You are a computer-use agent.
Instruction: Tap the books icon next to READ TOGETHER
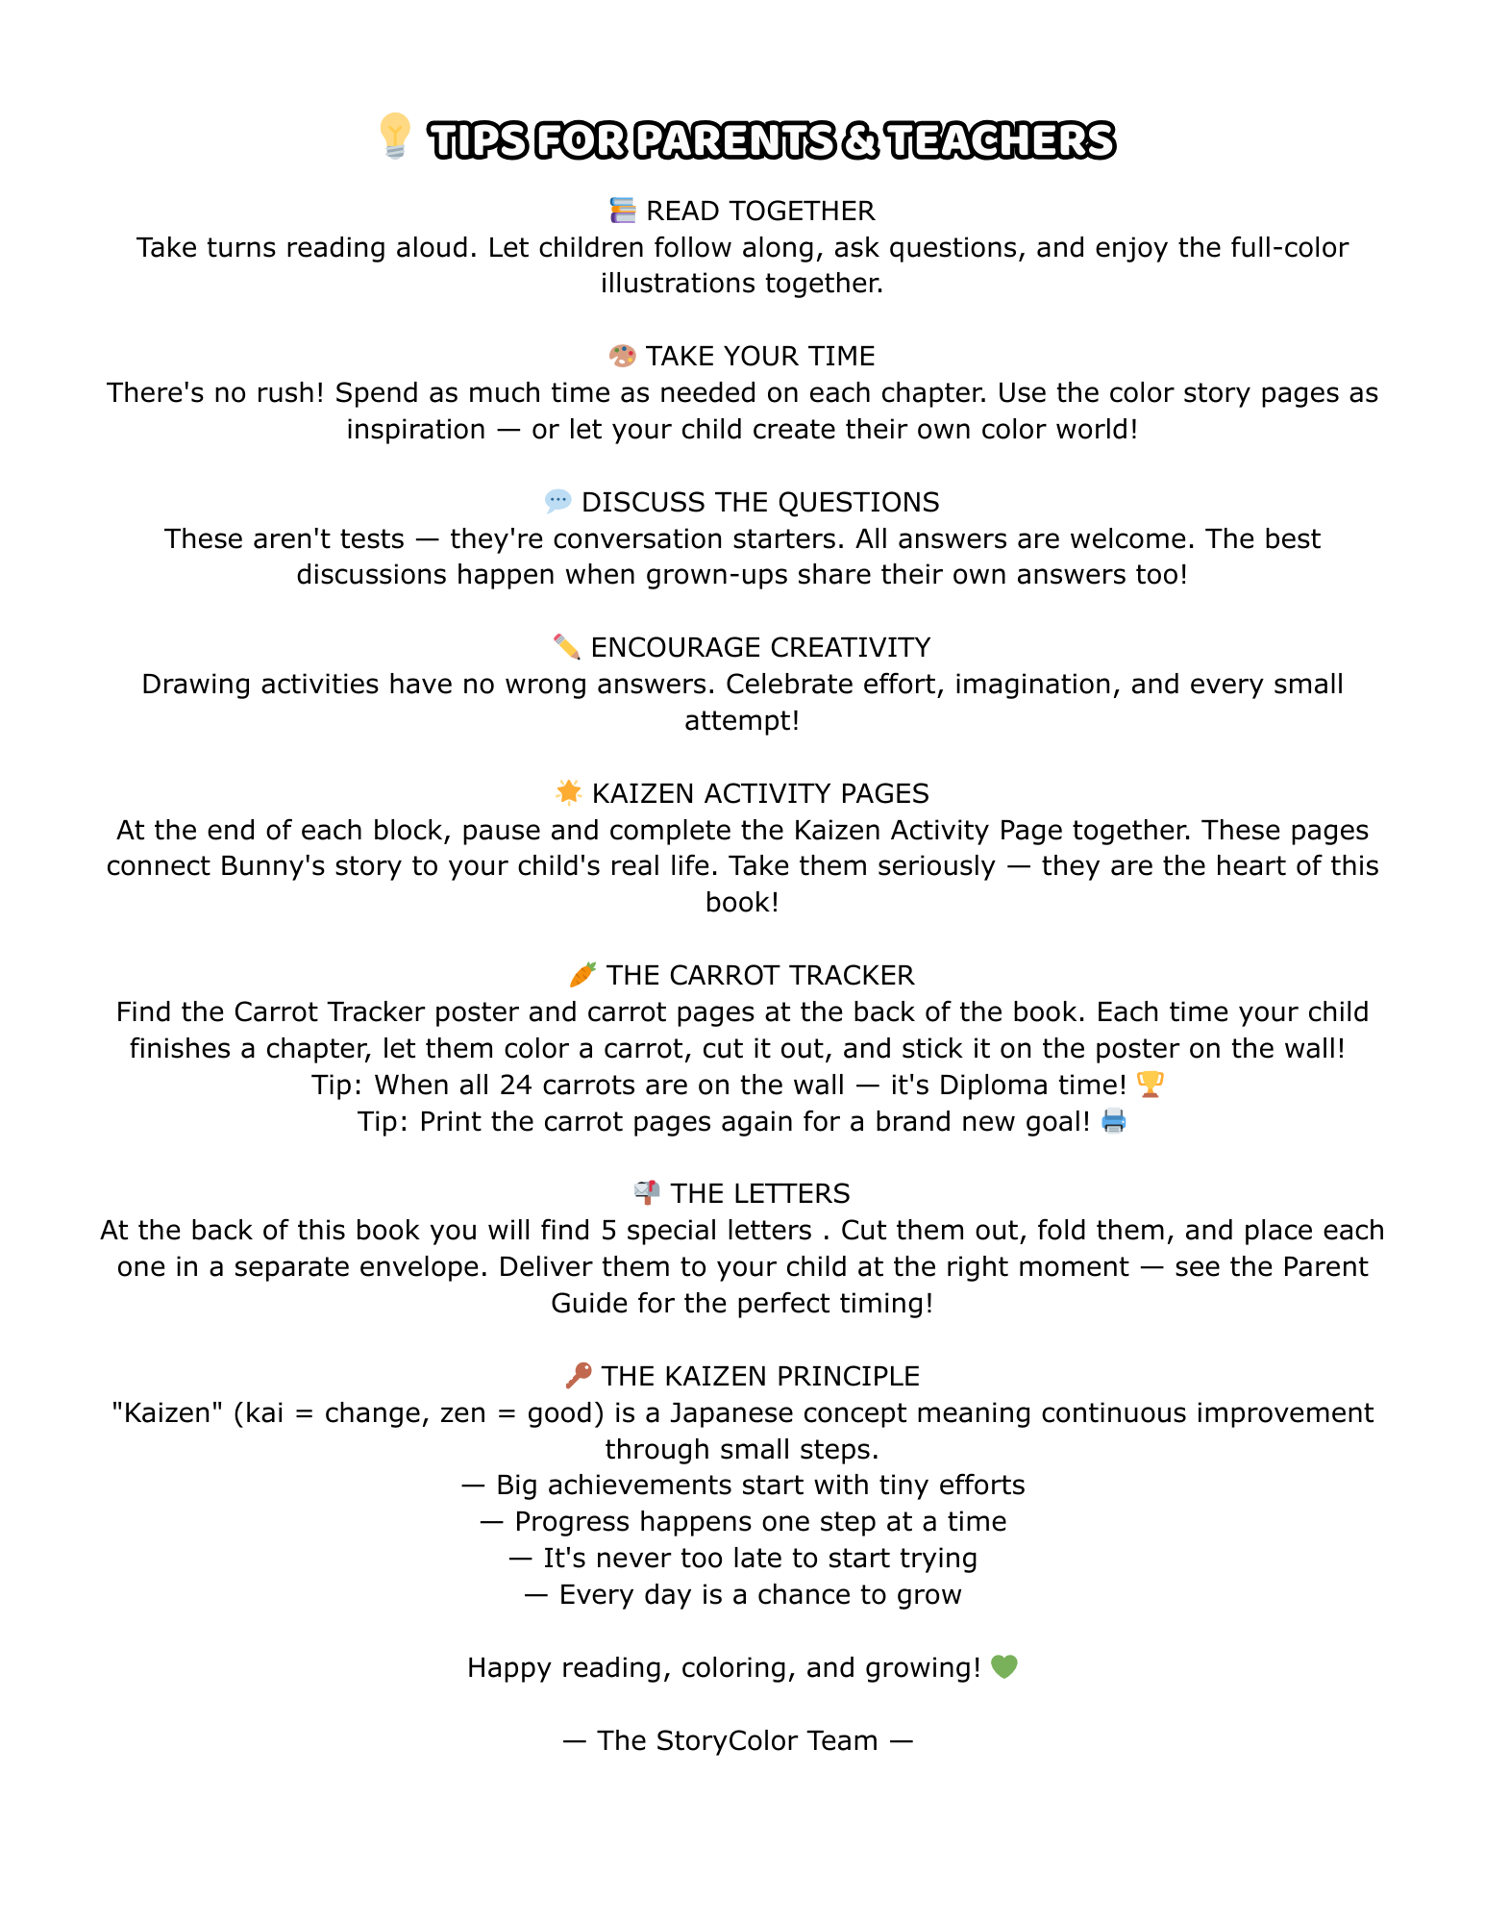(623, 210)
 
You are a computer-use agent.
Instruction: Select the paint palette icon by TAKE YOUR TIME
(623, 356)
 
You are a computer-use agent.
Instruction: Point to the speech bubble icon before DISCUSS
(557, 501)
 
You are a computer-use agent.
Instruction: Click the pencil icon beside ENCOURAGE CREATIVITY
(567, 647)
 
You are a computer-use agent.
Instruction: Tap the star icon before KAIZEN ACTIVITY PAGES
(569, 792)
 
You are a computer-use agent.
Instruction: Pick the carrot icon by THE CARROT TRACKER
(582, 974)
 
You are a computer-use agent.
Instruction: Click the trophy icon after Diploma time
(1150, 1085)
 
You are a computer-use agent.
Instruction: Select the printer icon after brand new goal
(1114, 1121)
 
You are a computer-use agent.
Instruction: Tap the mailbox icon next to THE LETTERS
(647, 1193)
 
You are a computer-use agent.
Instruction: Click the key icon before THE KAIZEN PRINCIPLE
(579, 1376)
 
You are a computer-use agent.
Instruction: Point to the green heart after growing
(1003, 1666)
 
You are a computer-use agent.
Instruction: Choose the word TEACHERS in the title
(1000, 140)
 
